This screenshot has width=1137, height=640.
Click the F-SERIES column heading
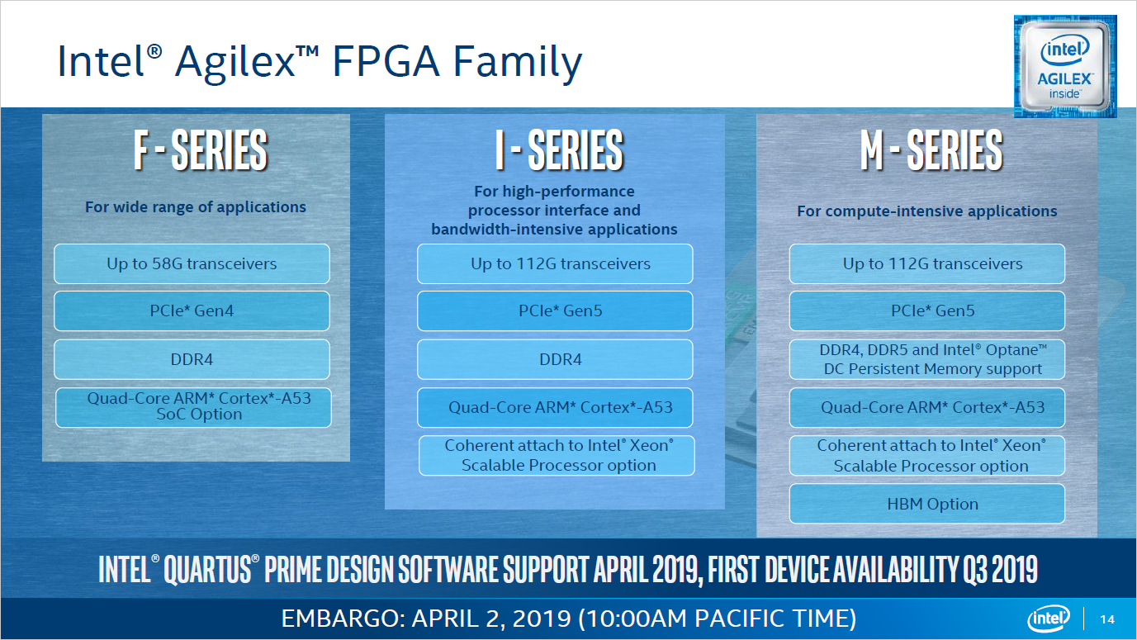click(200, 150)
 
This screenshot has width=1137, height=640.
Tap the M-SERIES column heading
click(931, 150)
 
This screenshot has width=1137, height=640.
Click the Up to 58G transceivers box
click(192, 264)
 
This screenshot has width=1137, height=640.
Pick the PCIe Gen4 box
click(192, 311)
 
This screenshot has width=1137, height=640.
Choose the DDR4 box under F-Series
click(192, 360)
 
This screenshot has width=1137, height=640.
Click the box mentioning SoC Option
click(193, 407)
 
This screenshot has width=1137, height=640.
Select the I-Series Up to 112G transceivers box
click(555, 264)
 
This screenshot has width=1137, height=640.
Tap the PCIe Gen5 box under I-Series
click(555, 311)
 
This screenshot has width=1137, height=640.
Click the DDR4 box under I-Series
click(555, 360)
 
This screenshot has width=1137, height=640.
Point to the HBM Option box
click(927, 504)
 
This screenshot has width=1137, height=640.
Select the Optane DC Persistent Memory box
click(927, 360)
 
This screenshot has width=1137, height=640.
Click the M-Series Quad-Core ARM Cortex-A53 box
click(927, 407)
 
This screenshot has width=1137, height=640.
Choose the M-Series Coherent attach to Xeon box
click(927, 456)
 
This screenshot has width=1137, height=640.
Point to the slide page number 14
click(1107, 619)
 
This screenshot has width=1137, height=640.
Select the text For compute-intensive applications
click(926, 211)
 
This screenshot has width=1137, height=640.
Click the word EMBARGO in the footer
click(339, 619)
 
